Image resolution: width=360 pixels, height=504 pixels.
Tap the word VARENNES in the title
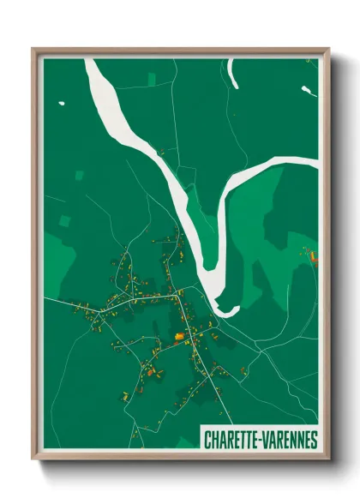click(x=287, y=439)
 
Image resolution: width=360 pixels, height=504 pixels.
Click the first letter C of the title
click(x=207, y=439)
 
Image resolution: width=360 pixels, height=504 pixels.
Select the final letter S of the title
click(x=314, y=439)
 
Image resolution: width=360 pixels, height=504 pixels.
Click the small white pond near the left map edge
click(x=62, y=105)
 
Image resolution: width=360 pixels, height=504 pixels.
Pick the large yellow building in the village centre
click(x=180, y=337)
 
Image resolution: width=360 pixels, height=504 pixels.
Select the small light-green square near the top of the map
click(x=152, y=80)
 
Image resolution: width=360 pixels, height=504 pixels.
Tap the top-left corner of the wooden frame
click(x=33, y=50)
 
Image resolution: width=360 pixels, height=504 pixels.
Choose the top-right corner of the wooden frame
click(x=328, y=50)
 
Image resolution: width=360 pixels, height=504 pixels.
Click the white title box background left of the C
click(x=202, y=439)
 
